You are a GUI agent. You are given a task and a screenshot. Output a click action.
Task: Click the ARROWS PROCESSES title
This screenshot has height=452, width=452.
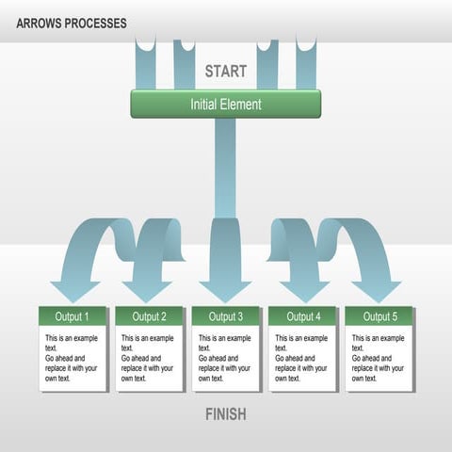click(x=72, y=23)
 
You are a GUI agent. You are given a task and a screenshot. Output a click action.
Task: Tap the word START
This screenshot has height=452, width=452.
click(x=226, y=71)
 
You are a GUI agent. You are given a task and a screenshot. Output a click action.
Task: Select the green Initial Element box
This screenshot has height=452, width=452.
click(x=226, y=104)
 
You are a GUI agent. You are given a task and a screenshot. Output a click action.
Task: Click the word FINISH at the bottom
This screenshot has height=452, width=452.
click(x=226, y=414)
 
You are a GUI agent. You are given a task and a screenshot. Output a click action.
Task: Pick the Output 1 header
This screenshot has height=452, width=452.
click(x=73, y=316)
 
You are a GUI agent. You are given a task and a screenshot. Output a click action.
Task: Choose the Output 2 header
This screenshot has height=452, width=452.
click(x=150, y=316)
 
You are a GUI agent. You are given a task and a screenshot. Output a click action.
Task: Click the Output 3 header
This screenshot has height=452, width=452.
click(x=226, y=316)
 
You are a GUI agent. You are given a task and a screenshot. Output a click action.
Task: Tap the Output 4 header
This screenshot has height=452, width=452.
click(x=303, y=316)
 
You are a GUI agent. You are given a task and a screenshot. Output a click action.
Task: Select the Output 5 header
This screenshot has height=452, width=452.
click(x=379, y=316)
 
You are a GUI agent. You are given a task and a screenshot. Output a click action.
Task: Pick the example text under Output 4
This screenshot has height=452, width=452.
click(x=301, y=358)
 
